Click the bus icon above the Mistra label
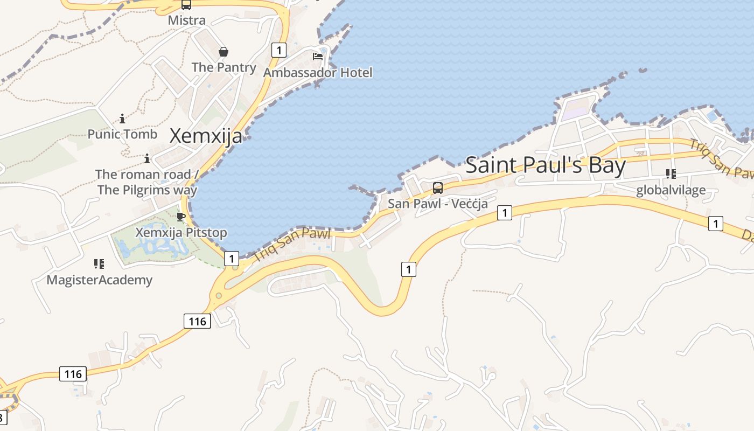pos(186,5)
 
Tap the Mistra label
pos(187,20)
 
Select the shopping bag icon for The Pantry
pos(224,52)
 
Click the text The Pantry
pos(224,67)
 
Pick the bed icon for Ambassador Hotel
pos(318,56)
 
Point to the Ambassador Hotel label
pos(318,72)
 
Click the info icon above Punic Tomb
pos(122,119)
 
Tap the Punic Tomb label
pos(122,134)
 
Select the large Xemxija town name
pos(206,136)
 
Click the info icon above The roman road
pos(146,158)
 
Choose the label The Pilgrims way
pos(147,190)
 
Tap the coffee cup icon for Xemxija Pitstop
pos(181,217)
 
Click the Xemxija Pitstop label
pos(181,233)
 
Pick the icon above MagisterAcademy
pos(99,264)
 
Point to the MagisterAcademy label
pos(99,280)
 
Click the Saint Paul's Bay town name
pos(546,165)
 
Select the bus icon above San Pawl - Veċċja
pos(438,188)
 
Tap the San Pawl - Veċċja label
pos(438,204)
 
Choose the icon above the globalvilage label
pos(671,174)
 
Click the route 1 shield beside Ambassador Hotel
pos(278,51)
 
